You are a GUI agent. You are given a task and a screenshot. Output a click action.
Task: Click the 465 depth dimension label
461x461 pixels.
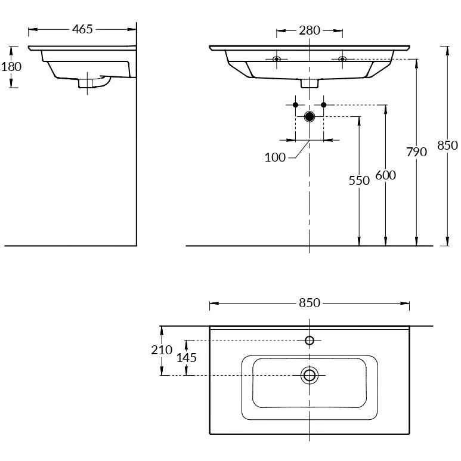pyautogui.click(x=82, y=29)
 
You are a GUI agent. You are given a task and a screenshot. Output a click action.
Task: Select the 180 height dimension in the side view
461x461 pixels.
pyautogui.click(x=11, y=66)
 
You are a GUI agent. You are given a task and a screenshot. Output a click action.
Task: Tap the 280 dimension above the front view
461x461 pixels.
pyautogui.click(x=310, y=30)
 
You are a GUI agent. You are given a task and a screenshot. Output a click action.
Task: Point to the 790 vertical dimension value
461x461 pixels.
pyautogui.click(x=416, y=152)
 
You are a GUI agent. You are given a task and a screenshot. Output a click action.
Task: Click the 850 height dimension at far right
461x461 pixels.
pyautogui.click(x=447, y=145)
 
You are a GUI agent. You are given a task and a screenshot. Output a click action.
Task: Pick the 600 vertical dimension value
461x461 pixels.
pyautogui.click(x=386, y=175)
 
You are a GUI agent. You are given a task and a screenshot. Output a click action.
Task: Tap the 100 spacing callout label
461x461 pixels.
pyautogui.click(x=275, y=157)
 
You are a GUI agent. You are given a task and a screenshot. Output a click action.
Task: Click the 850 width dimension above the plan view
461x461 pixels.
pyautogui.click(x=310, y=303)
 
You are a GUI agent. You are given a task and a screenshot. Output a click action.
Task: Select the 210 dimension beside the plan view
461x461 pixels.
pyautogui.click(x=161, y=350)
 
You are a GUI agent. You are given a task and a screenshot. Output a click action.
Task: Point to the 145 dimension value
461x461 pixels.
pyautogui.click(x=186, y=358)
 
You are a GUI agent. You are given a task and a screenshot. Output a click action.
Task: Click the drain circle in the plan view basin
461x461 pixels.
pyautogui.click(x=309, y=375)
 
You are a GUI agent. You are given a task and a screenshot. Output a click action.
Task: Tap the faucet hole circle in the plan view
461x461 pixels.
pyautogui.click(x=309, y=341)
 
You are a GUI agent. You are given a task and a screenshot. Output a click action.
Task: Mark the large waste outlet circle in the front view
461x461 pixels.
pyautogui.click(x=309, y=116)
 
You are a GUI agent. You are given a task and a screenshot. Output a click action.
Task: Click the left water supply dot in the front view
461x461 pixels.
pyautogui.click(x=295, y=105)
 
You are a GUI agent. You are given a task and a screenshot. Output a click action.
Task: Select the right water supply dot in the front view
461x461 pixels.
pyautogui.click(x=323, y=105)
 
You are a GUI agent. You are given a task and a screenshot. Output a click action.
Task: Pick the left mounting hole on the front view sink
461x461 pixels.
pyautogui.click(x=276, y=58)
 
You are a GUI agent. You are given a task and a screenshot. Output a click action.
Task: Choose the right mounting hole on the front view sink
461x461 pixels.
pyautogui.click(x=342, y=58)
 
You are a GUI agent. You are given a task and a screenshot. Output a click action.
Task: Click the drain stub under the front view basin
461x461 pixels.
pyautogui.click(x=309, y=83)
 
